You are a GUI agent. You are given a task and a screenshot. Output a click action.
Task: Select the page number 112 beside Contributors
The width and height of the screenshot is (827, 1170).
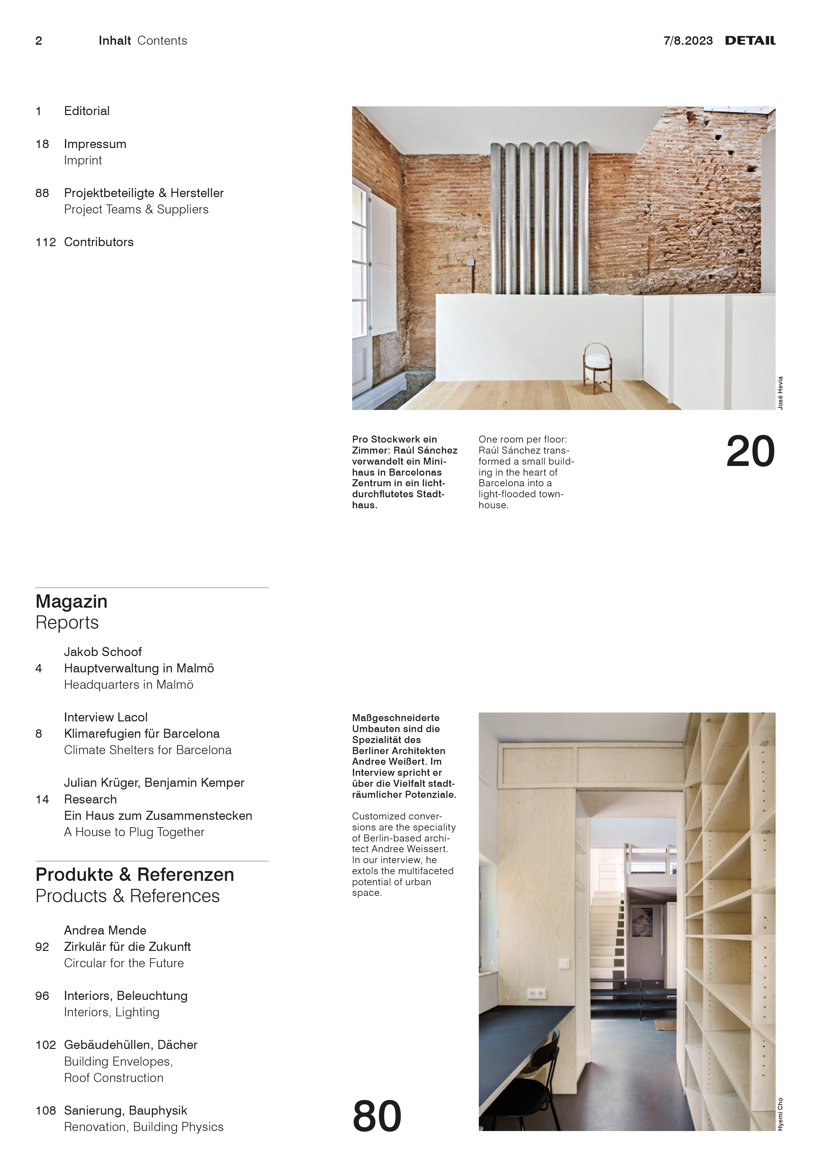(x=45, y=242)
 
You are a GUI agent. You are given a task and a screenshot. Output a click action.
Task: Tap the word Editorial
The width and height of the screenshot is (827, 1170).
(x=87, y=111)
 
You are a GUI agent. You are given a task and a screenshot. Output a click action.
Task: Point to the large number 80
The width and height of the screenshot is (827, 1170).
(x=377, y=1116)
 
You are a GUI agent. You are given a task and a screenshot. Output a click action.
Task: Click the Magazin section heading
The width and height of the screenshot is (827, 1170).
(x=71, y=601)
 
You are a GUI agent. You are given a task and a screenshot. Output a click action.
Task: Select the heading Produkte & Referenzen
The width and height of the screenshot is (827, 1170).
(x=134, y=874)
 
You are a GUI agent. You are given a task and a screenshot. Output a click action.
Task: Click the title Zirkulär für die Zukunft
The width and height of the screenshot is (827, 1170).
(x=127, y=947)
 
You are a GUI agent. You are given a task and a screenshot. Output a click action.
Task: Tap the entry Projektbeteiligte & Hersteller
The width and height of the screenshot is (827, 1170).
(x=144, y=193)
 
